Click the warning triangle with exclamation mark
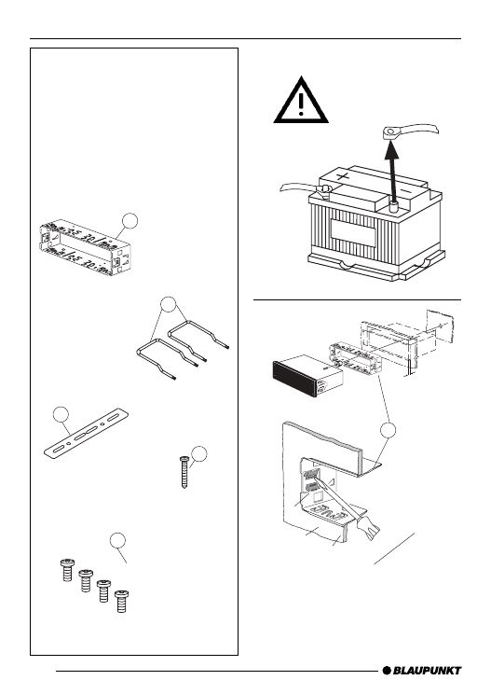pos(301,101)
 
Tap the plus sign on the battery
pos(343,177)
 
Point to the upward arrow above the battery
pos(391,173)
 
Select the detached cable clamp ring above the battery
pos(390,132)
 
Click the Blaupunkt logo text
pos(427,671)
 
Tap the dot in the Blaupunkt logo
pos(387,671)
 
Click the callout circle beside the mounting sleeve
pos(130,221)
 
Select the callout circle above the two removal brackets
pos(169,304)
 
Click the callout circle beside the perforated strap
pos(61,415)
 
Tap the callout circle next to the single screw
pos(199,453)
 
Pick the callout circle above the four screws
pos(117,540)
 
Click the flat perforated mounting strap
pos(87,434)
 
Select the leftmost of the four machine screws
pos(67,570)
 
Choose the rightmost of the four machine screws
pos(121,602)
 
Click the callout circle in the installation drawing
pos(388,430)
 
